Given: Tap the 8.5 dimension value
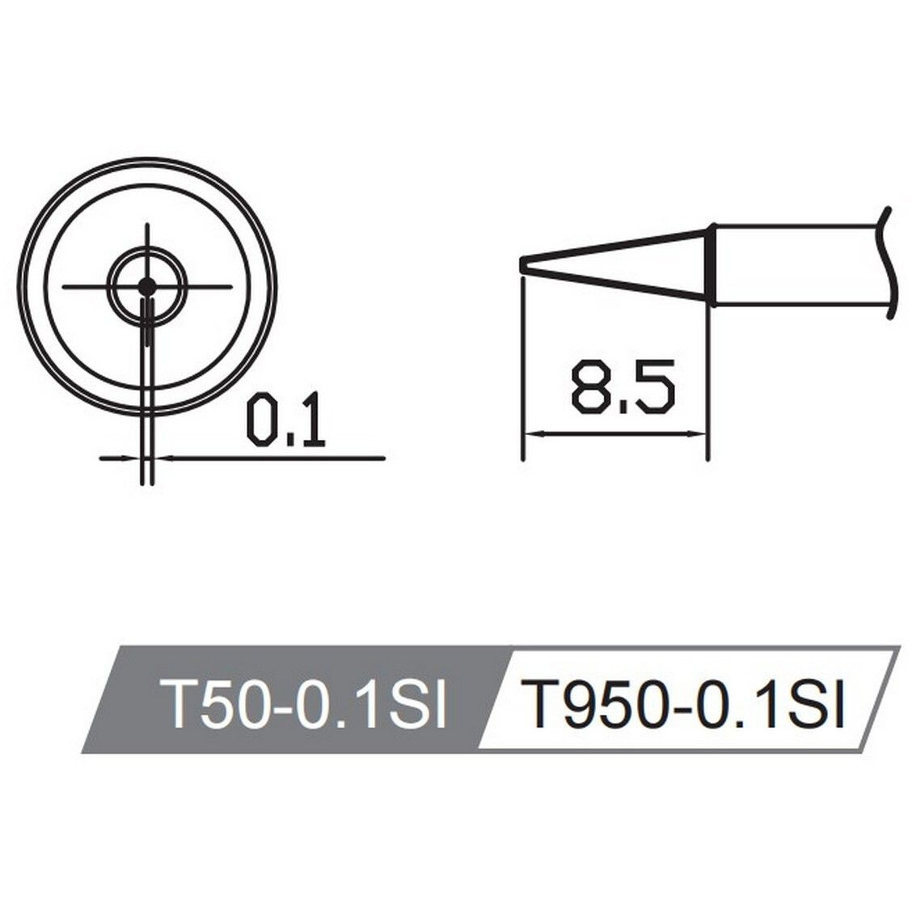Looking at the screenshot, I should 622,388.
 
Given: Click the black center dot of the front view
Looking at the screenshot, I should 146,285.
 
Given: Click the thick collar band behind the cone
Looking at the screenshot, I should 711,265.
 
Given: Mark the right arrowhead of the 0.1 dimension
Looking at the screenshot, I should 161,458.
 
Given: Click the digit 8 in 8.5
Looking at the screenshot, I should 590,388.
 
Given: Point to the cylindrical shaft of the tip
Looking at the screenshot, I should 796,265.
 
